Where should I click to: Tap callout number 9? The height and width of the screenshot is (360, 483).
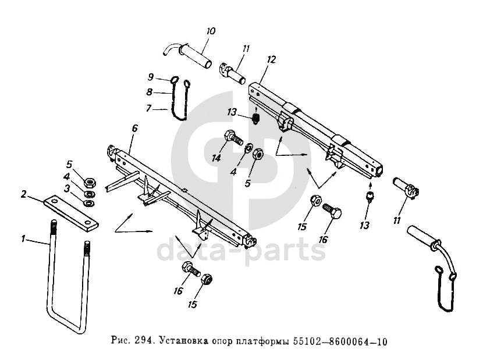click(150, 77)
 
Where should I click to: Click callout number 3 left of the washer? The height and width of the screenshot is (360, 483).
click(68, 188)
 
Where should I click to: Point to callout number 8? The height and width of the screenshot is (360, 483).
click(149, 91)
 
